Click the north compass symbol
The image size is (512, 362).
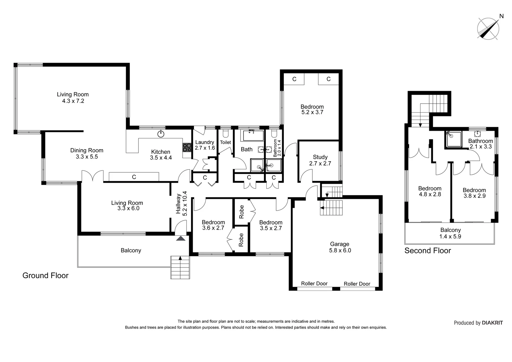click(488, 28)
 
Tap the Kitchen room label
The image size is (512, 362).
click(161, 152)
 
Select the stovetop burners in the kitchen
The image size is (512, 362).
click(187, 148)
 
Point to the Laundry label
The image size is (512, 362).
click(204, 142)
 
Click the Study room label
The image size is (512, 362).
click(320, 157)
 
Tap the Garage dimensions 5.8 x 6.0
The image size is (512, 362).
click(340, 250)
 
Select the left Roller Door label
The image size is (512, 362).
click(314, 284)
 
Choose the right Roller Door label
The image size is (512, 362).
click(357, 284)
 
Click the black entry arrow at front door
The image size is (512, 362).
click(181, 239)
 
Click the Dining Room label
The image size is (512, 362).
click(86, 150)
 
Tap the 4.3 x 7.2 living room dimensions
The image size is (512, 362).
click(73, 101)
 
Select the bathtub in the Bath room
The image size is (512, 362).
click(253, 136)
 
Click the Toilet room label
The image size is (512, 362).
click(226, 142)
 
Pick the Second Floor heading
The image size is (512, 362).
click(428, 251)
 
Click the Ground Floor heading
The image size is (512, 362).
click(45, 276)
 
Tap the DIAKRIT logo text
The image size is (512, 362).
click(492, 323)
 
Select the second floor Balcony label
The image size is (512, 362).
click(450, 230)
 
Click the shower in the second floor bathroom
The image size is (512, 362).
click(453, 139)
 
